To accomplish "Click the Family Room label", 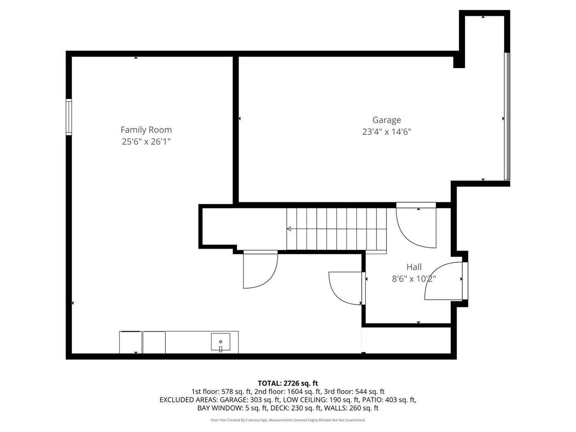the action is tap(146, 130).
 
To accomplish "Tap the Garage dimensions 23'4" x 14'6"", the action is tap(386, 132).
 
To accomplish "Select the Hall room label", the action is tap(414, 267).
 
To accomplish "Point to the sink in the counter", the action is tap(221, 342).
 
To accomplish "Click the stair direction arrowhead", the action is tap(289, 229).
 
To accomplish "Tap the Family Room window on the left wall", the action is tap(68, 117).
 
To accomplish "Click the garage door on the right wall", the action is tap(507, 116).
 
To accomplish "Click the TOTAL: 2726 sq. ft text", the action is tap(288, 383).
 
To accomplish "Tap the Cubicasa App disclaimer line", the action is tap(288, 420).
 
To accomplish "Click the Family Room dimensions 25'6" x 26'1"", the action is tap(146, 142).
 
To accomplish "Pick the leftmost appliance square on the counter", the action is tap(130, 342).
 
